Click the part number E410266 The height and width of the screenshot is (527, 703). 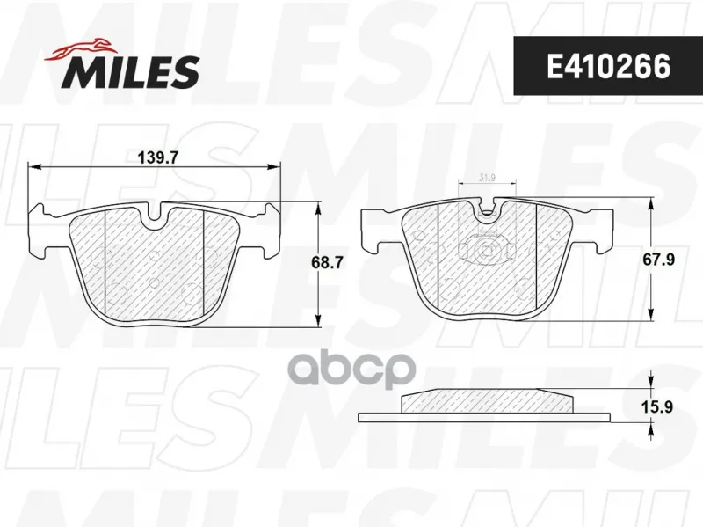[608, 67]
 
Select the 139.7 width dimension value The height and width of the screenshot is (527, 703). [158, 158]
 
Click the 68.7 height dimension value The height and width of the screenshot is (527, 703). [327, 262]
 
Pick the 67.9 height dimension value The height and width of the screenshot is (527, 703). [658, 260]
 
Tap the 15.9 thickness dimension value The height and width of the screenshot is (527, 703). [658, 407]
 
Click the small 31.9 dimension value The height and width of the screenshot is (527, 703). [487, 178]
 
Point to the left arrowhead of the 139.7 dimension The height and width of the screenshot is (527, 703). [34, 167]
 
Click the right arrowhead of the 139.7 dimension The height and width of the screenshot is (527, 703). [274, 167]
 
